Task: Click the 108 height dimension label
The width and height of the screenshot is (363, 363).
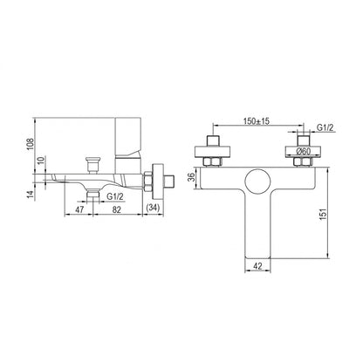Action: [31, 144]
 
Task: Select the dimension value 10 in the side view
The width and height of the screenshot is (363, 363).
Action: [41, 161]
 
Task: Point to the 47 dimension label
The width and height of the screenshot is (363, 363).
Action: [79, 209]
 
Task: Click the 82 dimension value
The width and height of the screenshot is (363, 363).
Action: [116, 209]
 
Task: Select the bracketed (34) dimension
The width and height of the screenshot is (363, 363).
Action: [153, 209]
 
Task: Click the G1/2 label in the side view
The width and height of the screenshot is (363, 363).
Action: [115, 196]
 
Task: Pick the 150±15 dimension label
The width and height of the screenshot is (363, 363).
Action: [257, 120]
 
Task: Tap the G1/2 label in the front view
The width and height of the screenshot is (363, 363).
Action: [325, 127]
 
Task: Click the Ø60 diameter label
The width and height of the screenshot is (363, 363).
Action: [303, 151]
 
